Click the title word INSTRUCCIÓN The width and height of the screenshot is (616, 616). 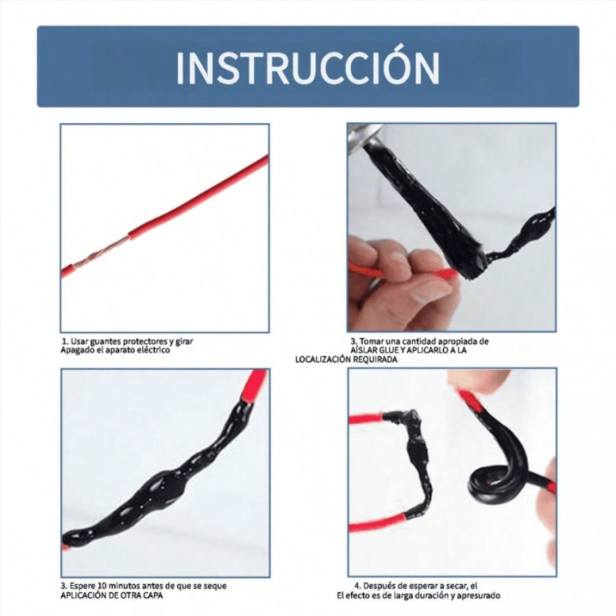[307, 67]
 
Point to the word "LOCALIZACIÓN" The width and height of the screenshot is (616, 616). [323, 359]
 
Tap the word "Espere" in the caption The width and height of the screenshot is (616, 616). [84, 586]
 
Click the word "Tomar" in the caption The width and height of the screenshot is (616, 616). [372, 342]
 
